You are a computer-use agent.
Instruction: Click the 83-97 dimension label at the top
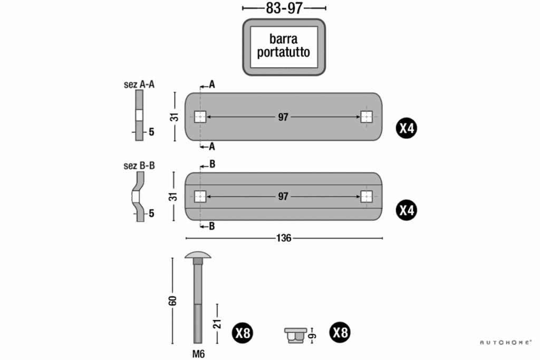(x=283, y=8)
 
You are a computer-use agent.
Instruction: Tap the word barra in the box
(x=283, y=39)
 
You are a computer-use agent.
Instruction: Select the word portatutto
(x=283, y=53)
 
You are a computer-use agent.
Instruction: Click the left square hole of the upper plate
(x=199, y=117)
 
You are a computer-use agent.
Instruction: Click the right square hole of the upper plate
(x=367, y=117)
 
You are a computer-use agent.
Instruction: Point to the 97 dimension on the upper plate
(x=283, y=117)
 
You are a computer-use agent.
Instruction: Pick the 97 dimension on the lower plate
(x=283, y=197)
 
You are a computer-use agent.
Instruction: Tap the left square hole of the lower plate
(x=199, y=197)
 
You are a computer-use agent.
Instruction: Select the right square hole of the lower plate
(x=367, y=197)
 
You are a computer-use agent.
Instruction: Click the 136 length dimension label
(x=284, y=238)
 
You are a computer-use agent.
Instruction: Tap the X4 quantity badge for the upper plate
(x=407, y=128)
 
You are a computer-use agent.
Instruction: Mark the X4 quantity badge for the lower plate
(x=407, y=210)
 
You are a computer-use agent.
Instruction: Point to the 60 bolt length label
(x=172, y=301)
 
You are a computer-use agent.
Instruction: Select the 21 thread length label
(x=217, y=324)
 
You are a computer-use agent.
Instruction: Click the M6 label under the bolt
(x=198, y=354)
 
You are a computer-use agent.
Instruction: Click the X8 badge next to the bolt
(x=243, y=333)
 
